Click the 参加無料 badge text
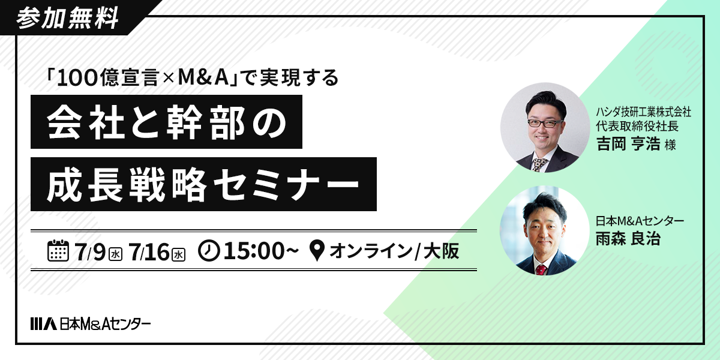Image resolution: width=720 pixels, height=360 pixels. coord(67,19)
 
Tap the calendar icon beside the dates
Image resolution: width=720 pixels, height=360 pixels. coord(58,250)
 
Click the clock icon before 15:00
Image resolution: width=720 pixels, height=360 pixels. coord(209,251)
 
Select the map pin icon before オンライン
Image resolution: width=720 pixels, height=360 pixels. coord(317,251)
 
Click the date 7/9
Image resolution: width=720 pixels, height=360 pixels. coord(90,251)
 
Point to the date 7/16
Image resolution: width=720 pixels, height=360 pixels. coord(149,251)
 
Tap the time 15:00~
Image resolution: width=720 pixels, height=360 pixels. coord(261,251)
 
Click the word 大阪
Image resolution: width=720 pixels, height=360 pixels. coord(442,251)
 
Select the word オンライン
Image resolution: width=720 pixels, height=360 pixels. coord(371,251)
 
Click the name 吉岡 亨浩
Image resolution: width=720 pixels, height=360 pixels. coord(628,143)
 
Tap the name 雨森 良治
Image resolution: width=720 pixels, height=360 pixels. coord(628,239)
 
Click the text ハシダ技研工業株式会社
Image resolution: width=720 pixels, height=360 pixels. coord(643,112)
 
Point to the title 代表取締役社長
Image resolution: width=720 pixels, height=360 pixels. coord(637,125)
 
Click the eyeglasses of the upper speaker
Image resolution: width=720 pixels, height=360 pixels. coord(545,124)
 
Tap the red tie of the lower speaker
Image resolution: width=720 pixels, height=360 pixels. coord(541,269)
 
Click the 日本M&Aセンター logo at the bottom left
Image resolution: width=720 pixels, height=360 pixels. coord(91,323)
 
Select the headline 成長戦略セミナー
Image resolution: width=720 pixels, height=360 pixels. coord(203,184)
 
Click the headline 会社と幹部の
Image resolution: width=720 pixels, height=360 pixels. coord(167,122)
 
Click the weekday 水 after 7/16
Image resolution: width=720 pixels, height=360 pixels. coord(178,254)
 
